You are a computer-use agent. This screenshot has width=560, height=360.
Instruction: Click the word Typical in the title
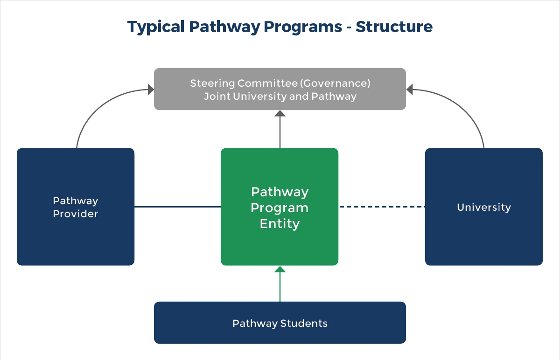pyautogui.click(x=156, y=27)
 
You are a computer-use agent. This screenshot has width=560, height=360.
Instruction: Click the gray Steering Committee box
pyautogui.click(x=280, y=89)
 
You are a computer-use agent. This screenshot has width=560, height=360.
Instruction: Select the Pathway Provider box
pyautogui.click(x=76, y=233)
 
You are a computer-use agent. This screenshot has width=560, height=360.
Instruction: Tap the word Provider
pyautogui.click(x=76, y=214)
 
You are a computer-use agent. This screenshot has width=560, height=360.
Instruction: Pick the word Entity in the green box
pyautogui.click(x=280, y=224)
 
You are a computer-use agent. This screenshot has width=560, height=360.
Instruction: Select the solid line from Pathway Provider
pyautogui.click(x=177, y=207)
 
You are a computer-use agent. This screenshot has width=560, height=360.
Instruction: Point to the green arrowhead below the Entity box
pyautogui.click(x=280, y=270)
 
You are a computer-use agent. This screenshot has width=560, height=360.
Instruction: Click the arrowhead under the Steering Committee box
pyautogui.click(x=280, y=113)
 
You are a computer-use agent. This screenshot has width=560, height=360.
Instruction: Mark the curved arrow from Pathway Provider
pyautogui.click(x=93, y=108)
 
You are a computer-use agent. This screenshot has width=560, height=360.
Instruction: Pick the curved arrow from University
pyautogui.click(x=467, y=108)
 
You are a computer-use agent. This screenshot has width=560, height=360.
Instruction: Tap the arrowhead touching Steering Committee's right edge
pyautogui.click(x=410, y=89)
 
